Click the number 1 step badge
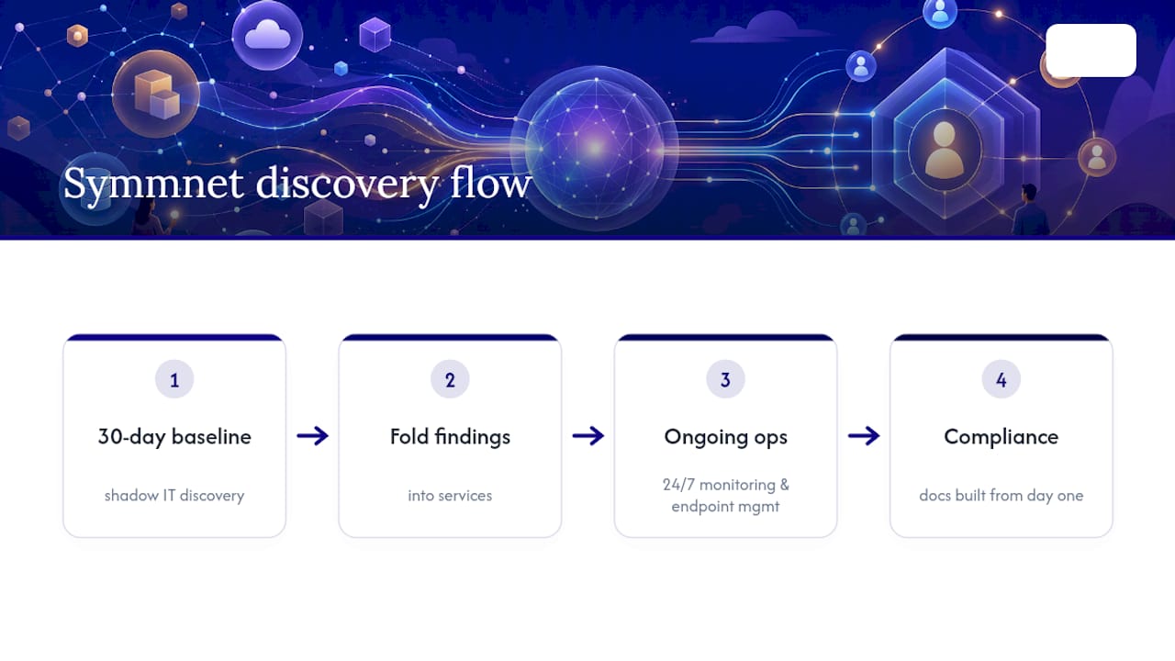click(x=174, y=379)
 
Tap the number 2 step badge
click(x=450, y=379)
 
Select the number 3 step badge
click(x=725, y=379)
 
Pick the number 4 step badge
click(x=1001, y=379)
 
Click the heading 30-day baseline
click(x=174, y=437)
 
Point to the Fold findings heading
click(x=450, y=437)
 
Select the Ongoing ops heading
click(x=725, y=437)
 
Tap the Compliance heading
click(x=1001, y=437)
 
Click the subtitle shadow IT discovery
click(x=174, y=495)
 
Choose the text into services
click(x=450, y=495)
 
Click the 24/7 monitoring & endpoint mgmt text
click(x=725, y=495)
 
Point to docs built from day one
click(x=1001, y=495)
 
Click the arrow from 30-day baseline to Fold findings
click(x=313, y=435)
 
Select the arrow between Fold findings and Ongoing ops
click(x=588, y=435)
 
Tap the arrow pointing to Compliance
click(x=864, y=435)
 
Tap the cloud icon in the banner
click(x=267, y=35)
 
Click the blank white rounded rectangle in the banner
click(x=1091, y=50)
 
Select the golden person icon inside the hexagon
click(x=945, y=151)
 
